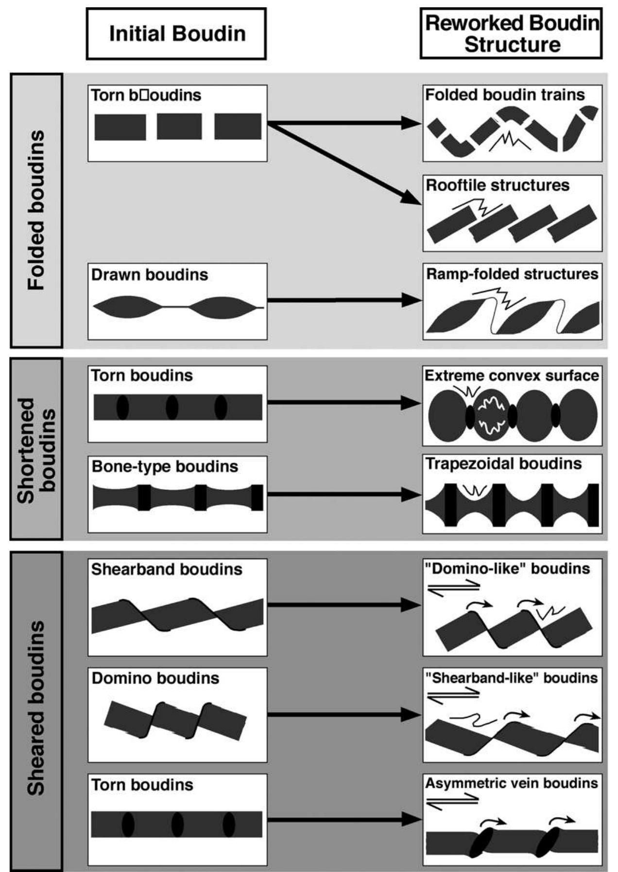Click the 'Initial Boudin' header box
click(x=176, y=34)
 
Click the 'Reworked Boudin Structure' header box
click(x=511, y=34)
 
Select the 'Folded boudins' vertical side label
click(x=36, y=210)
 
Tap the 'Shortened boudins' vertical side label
click(x=36, y=450)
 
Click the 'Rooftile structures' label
click(x=498, y=185)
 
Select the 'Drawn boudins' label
click(x=150, y=275)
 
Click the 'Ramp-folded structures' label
click(x=512, y=274)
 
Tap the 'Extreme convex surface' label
click(x=512, y=375)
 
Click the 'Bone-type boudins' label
click(x=165, y=467)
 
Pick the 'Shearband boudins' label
click(x=167, y=569)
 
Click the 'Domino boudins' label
click(x=155, y=678)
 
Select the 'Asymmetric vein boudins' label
click(x=512, y=783)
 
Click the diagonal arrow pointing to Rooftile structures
click(x=345, y=164)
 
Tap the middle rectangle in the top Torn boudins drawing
click(x=179, y=126)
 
